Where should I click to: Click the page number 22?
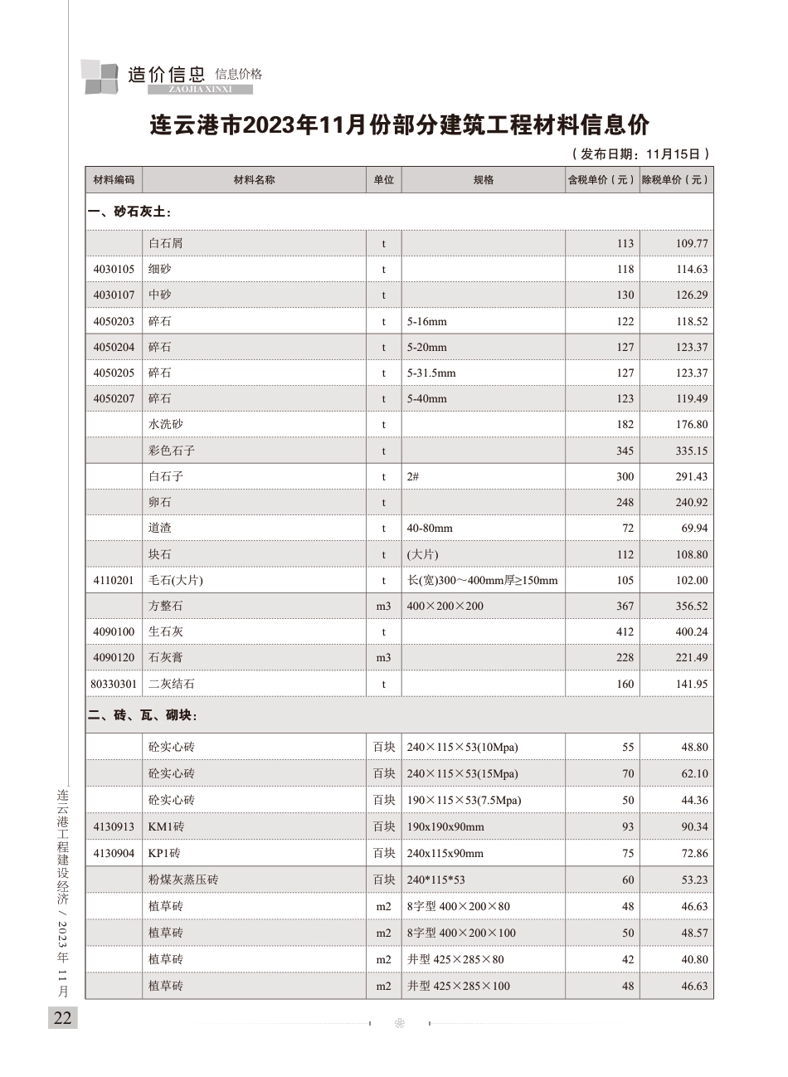point(63,1018)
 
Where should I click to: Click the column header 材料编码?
point(114,180)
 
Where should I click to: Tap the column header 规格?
point(484,180)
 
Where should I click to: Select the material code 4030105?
point(114,269)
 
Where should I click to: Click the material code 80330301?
point(114,684)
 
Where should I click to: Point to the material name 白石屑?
point(166,243)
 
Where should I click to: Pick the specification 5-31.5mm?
point(431,373)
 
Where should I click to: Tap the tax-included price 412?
point(625,631)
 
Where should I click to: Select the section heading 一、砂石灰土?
point(129,212)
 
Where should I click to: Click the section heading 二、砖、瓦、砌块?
point(143,715)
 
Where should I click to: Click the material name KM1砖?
point(167,826)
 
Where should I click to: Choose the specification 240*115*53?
point(436,880)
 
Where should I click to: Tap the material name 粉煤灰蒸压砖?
point(183,880)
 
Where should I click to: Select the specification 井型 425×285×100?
point(459,986)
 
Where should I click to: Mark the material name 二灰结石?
point(172,684)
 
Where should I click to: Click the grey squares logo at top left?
point(100,76)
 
